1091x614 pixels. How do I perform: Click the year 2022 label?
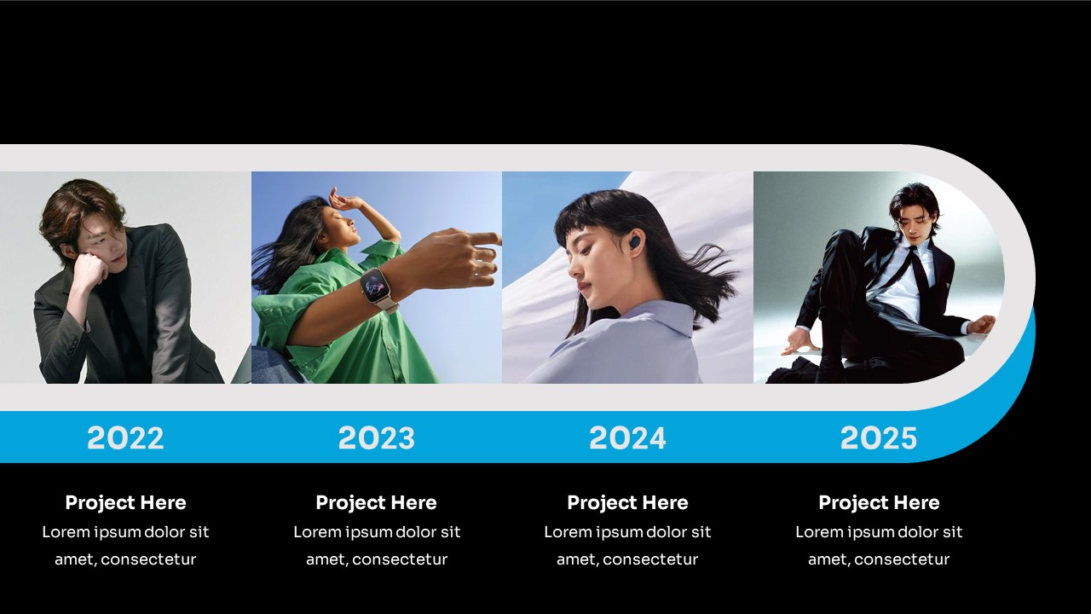[x=125, y=437]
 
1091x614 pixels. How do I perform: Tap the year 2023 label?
[x=377, y=437]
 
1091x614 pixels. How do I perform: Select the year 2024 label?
[x=627, y=437]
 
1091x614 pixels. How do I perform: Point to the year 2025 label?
[x=879, y=437]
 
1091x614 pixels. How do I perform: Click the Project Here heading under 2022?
[x=125, y=503]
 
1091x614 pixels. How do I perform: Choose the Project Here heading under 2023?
[x=377, y=503]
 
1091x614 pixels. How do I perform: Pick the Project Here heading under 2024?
[x=628, y=503]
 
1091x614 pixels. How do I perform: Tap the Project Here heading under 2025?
[x=879, y=503]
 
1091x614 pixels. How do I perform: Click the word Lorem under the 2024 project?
[x=561, y=531]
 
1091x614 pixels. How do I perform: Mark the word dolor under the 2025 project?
[x=907, y=531]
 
